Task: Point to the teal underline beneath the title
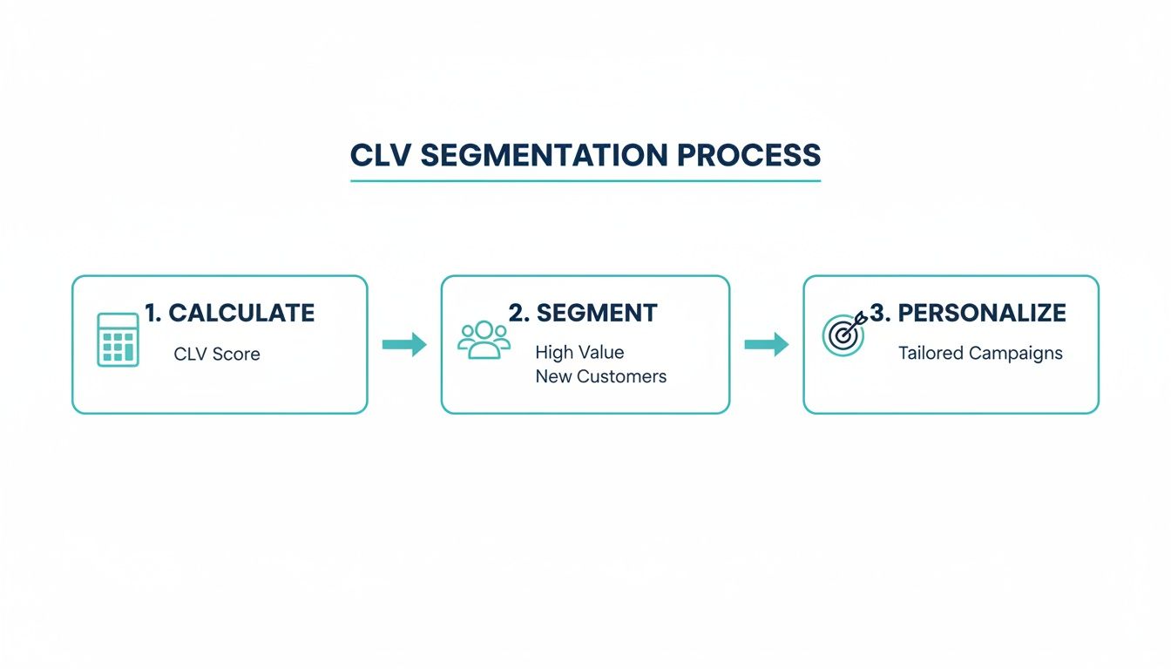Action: (585, 181)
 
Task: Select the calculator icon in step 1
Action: (118, 340)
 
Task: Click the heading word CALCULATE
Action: (241, 314)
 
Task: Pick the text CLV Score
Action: (217, 355)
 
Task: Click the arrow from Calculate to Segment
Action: (404, 345)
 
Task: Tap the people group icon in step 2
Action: (484, 340)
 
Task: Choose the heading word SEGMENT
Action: (597, 314)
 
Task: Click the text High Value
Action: (579, 353)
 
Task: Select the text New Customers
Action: (600, 376)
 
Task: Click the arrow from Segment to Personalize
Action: (766, 345)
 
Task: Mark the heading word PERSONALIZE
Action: (982, 314)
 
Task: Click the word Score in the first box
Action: (237, 355)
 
